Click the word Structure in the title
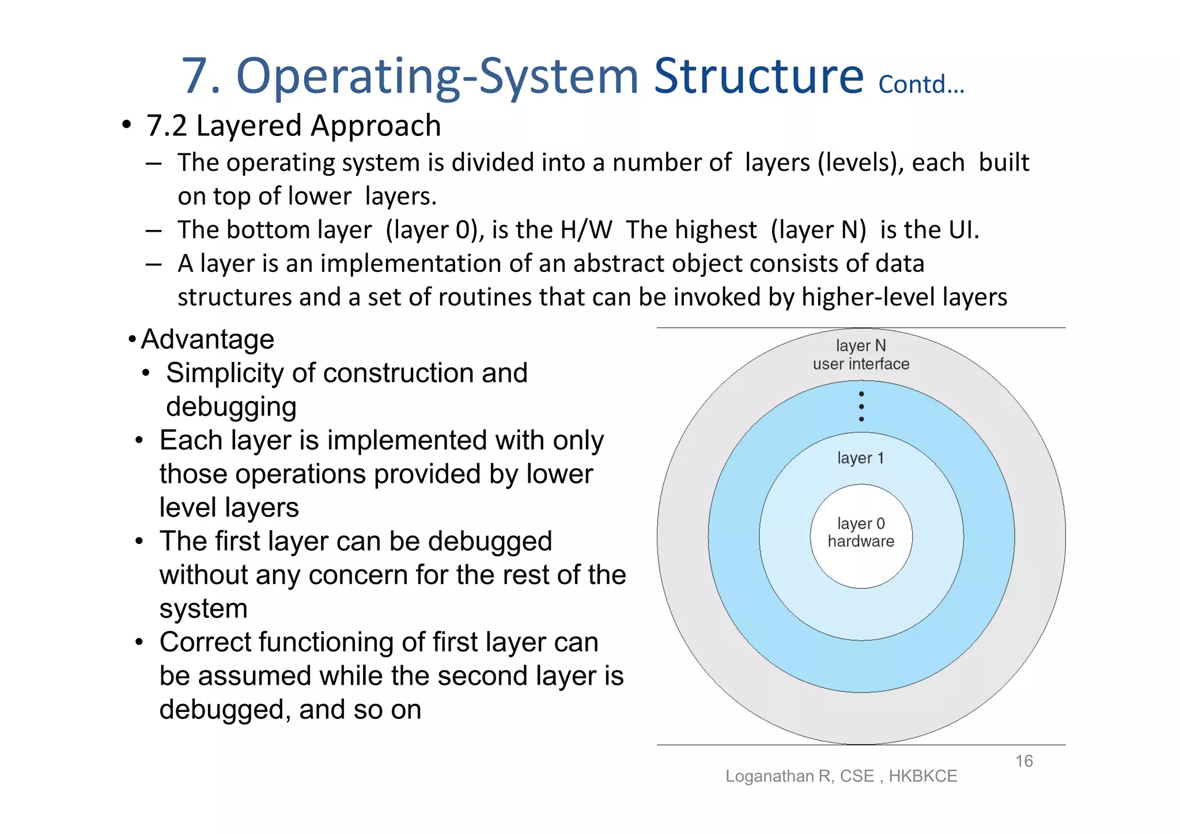coord(758,76)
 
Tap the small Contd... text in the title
coord(921,85)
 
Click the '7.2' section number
coord(167,126)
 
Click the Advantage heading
coord(207,339)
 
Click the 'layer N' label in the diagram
coord(861,345)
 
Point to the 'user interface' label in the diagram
coord(861,364)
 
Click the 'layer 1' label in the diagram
coord(860,458)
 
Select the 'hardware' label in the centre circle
coord(861,542)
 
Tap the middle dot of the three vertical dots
coord(861,406)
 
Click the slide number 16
coord(1024,761)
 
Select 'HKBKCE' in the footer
coord(922,776)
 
